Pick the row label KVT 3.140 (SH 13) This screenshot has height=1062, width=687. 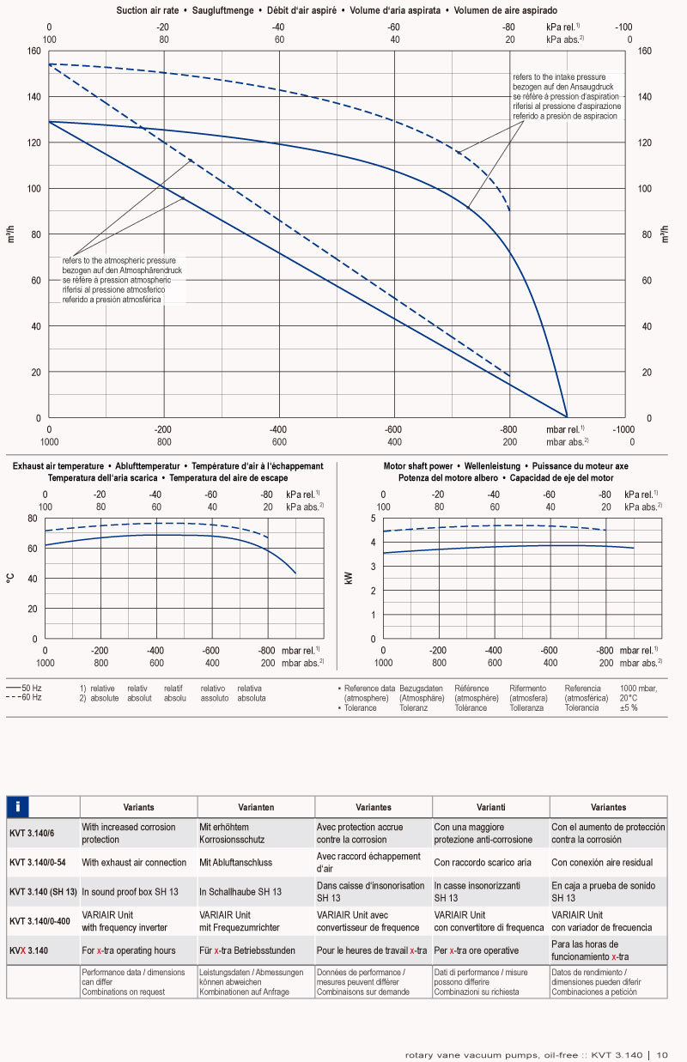coord(43,892)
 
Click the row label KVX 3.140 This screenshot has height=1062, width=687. coord(29,950)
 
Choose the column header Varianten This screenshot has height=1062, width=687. coord(256,807)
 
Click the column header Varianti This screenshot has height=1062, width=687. coord(490,807)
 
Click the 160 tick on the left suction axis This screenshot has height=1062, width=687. coord(33,51)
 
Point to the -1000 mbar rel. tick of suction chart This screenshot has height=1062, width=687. coord(623,429)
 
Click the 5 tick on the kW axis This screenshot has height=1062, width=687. coord(373,519)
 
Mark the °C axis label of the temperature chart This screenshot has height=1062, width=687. coord(10,580)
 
